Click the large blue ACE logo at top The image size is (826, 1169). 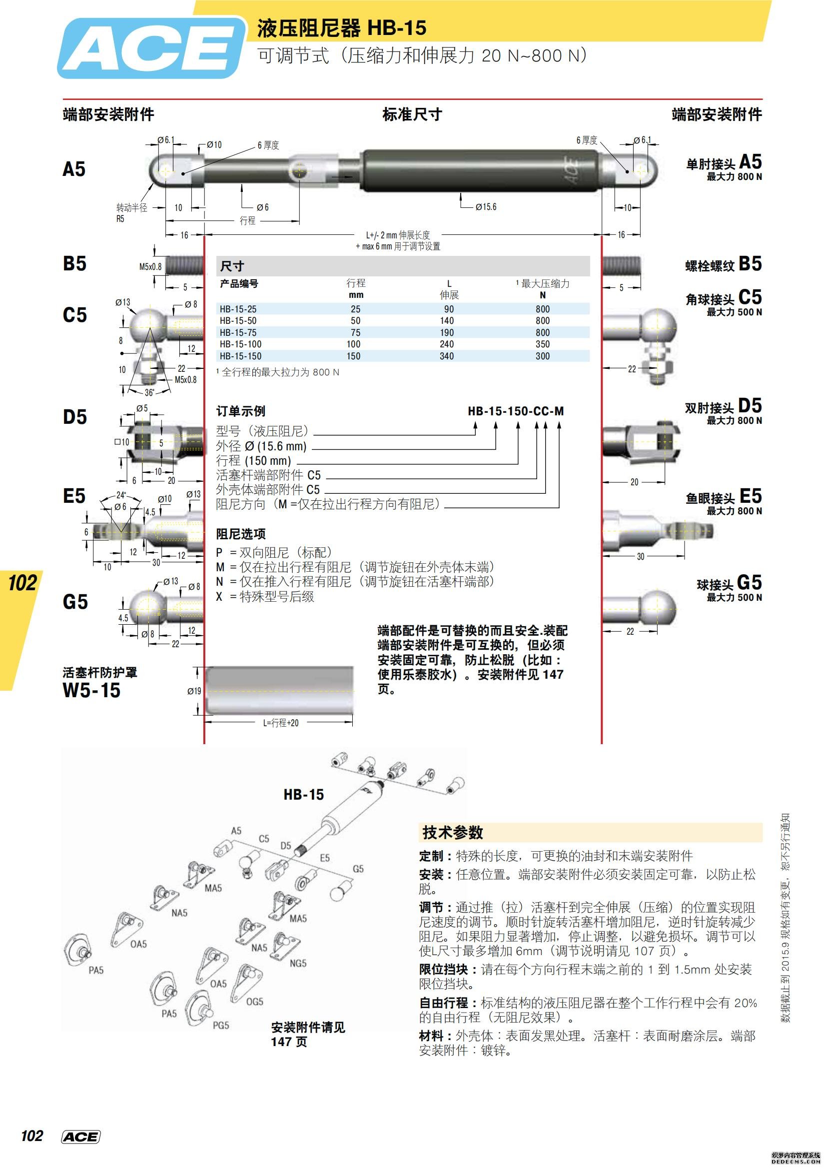[x=151, y=48]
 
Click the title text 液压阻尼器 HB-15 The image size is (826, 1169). [x=341, y=28]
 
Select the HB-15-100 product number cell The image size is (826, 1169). [x=240, y=344]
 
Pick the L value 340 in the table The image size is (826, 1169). [x=446, y=356]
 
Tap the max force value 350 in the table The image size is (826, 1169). [x=542, y=344]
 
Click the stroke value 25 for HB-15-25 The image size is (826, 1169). [x=355, y=309]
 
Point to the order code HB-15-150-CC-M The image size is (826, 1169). [x=515, y=411]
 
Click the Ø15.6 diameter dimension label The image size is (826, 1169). [x=486, y=207]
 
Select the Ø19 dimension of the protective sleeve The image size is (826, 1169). [x=194, y=691]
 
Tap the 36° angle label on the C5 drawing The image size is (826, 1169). [x=149, y=392]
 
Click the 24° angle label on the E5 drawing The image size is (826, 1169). [x=121, y=494]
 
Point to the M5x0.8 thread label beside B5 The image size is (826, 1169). [x=150, y=266]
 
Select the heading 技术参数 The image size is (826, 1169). [x=452, y=833]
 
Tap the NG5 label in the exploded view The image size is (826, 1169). [x=298, y=963]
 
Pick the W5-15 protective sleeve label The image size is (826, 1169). [x=91, y=690]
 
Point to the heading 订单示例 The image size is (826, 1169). [x=240, y=411]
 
